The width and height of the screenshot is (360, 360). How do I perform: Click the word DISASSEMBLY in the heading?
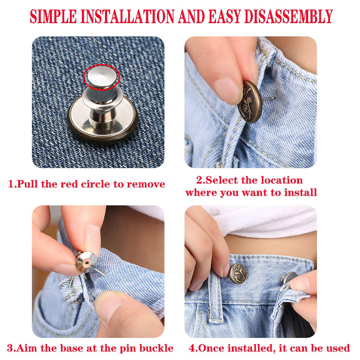click(288, 16)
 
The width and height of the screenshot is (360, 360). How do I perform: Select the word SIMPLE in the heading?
click(53, 16)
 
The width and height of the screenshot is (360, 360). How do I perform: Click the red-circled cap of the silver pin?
click(101, 76)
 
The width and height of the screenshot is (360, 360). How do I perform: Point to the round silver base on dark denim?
click(102, 119)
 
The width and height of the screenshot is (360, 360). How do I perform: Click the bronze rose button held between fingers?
click(249, 101)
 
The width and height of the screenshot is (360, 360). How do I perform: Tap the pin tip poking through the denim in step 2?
click(273, 98)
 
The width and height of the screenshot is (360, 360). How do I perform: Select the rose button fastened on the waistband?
click(238, 273)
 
